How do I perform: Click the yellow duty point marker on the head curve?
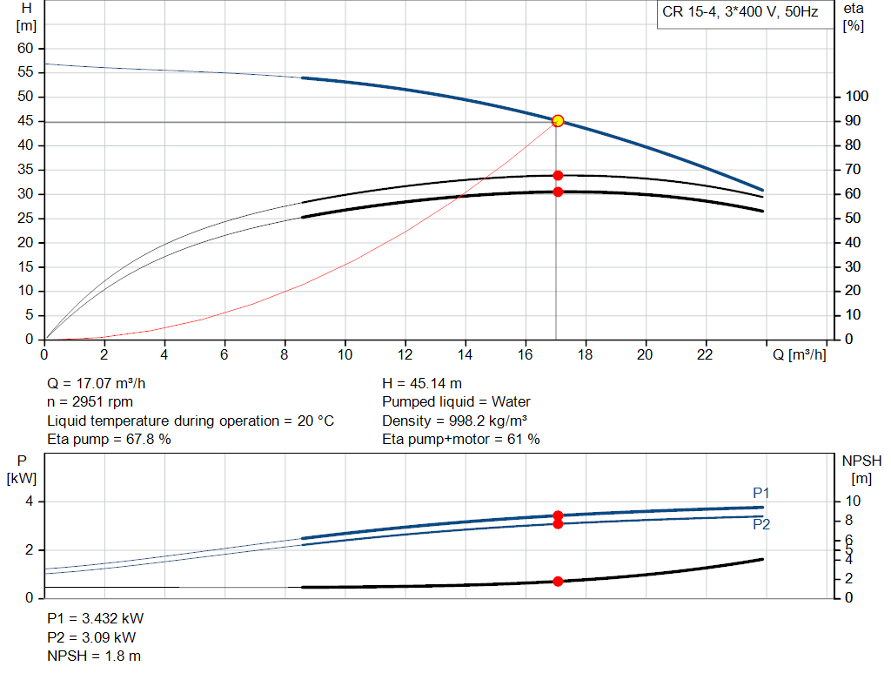click(558, 121)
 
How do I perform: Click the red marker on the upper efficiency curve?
click(558, 176)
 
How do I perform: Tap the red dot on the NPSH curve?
click(558, 581)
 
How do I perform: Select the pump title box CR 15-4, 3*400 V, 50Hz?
click(740, 14)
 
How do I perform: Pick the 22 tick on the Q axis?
click(705, 354)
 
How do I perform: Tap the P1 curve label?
click(760, 494)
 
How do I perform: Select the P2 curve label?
click(760, 524)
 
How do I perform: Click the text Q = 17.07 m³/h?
click(104, 383)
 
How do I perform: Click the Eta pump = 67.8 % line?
click(109, 440)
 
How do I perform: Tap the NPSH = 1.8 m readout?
click(94, 656)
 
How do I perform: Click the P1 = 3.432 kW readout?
click(96, 618)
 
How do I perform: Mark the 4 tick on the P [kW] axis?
click(29, 502)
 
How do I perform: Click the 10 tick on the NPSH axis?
click(854, 502)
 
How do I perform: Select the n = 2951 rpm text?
click(91, 402)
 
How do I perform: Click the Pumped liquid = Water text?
click(456, 402)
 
